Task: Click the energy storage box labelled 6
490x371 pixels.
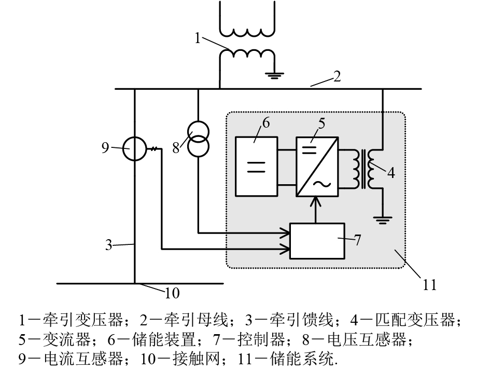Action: [256, 166]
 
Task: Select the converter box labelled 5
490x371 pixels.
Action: [317, 166]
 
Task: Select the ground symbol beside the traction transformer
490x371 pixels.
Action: [274, 76]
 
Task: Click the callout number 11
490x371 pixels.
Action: [429, 284]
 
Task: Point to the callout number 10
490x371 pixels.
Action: [172, 293]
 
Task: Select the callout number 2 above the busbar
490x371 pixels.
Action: [337, 77]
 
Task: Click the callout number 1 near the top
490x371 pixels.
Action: [198, 37]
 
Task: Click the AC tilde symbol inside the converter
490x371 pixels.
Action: [326, 183]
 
